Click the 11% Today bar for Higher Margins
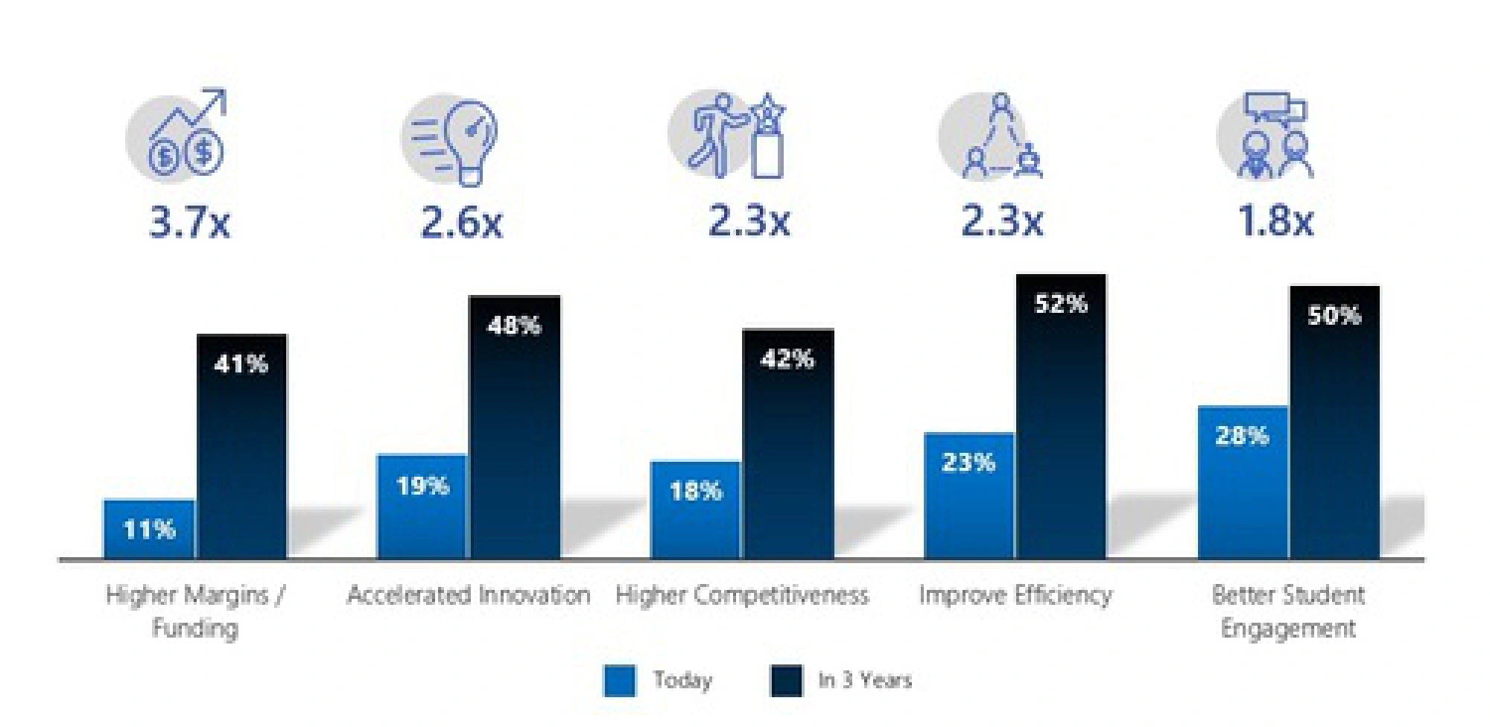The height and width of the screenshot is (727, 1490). tap(148, 529)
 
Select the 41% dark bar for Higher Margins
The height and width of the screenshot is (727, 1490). tap(241, 447)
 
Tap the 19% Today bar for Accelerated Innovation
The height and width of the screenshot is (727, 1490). tap(422, 507)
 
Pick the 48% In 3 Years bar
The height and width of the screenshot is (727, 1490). tap(514, 428)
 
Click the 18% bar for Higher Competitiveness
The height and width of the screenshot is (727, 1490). tap(695, 510)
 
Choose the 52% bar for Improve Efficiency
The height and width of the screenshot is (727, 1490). tap(1061, 417)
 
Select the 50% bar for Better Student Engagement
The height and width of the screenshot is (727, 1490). tap(1334, 422)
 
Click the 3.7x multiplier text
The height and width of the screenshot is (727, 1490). tap(189, 221)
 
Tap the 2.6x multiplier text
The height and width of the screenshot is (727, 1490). tap(462, 221)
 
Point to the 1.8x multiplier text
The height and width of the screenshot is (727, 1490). tap(1275, 221)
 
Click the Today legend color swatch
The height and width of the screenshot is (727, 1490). tap(619, 680)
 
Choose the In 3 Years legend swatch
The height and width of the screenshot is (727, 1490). tap(786, 680)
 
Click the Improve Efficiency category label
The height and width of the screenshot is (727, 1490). tap(1015, 595)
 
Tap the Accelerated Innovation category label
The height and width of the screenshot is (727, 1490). tap(469, 595)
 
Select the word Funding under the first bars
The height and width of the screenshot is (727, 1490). tap(194, 627)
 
